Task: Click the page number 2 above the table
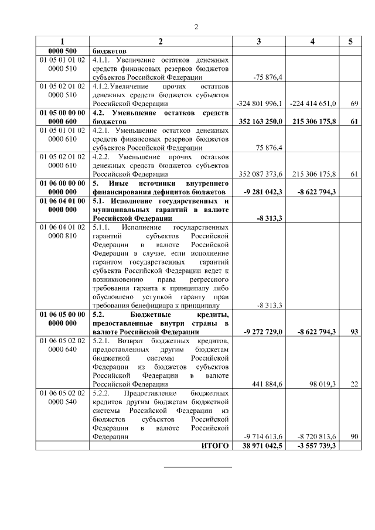pyautogui.click(x=197, y=27)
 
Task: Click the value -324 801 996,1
pyautogui.click(x=260, y=103)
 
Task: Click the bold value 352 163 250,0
pyautogui.click(x=260, y=121)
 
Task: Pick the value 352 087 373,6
pyautogui.click(x=260, y=174)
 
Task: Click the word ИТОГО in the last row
pyautogui.click(x=214, y=446)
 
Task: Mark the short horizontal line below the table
pyautogui.click(x=197, y=467)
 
